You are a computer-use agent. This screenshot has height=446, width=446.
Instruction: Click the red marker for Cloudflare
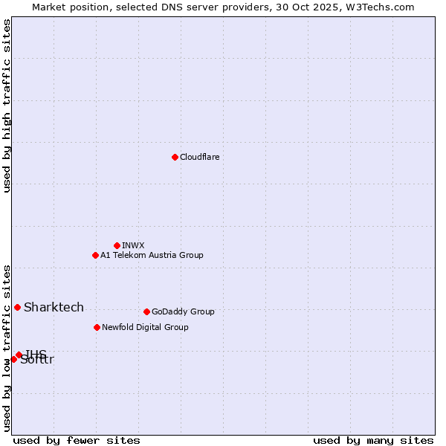pyautogui.click(x=175, y=157)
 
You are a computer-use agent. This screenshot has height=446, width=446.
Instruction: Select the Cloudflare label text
pyautogui.click(x=200, y=158)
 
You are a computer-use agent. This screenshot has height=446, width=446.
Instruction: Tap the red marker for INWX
pyautogui.click(x=117, y=245)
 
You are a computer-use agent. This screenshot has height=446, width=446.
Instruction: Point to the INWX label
pyautogui.click(x=134, y=246)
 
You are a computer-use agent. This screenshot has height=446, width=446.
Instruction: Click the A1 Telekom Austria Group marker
pyautogui.click(x=95, y=255)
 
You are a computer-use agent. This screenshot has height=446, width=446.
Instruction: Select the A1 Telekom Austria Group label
pyautogui.click(x=152, y=256)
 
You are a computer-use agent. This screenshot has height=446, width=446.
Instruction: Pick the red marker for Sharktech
pyautogui.click(x=17, y=307)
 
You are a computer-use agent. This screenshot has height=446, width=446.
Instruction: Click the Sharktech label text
pyautogui.click(x=54, y=308)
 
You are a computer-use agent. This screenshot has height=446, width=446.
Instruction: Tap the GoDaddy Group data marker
pyautogui.click(x=146, y=311)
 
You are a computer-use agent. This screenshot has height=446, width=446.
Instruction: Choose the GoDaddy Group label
pyautogui.click(x=183, y=312)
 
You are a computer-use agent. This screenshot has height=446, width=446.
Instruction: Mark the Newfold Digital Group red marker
pyautogui.click(x=97, y=327)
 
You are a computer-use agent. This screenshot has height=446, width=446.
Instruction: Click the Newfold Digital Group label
pyautogui.click(x=145, y=328)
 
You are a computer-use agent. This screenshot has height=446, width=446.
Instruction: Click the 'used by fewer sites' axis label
pyautogui.click(x=77, y=440)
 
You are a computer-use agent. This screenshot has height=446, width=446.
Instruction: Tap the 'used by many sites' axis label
pyautogui.click(x=373, y=440)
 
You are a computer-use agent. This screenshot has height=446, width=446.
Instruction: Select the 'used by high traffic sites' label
pyautogui.click(x=7, y=106)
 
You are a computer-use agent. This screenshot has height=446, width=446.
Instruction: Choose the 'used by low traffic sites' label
pyautogui.click(x=7, y=348)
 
